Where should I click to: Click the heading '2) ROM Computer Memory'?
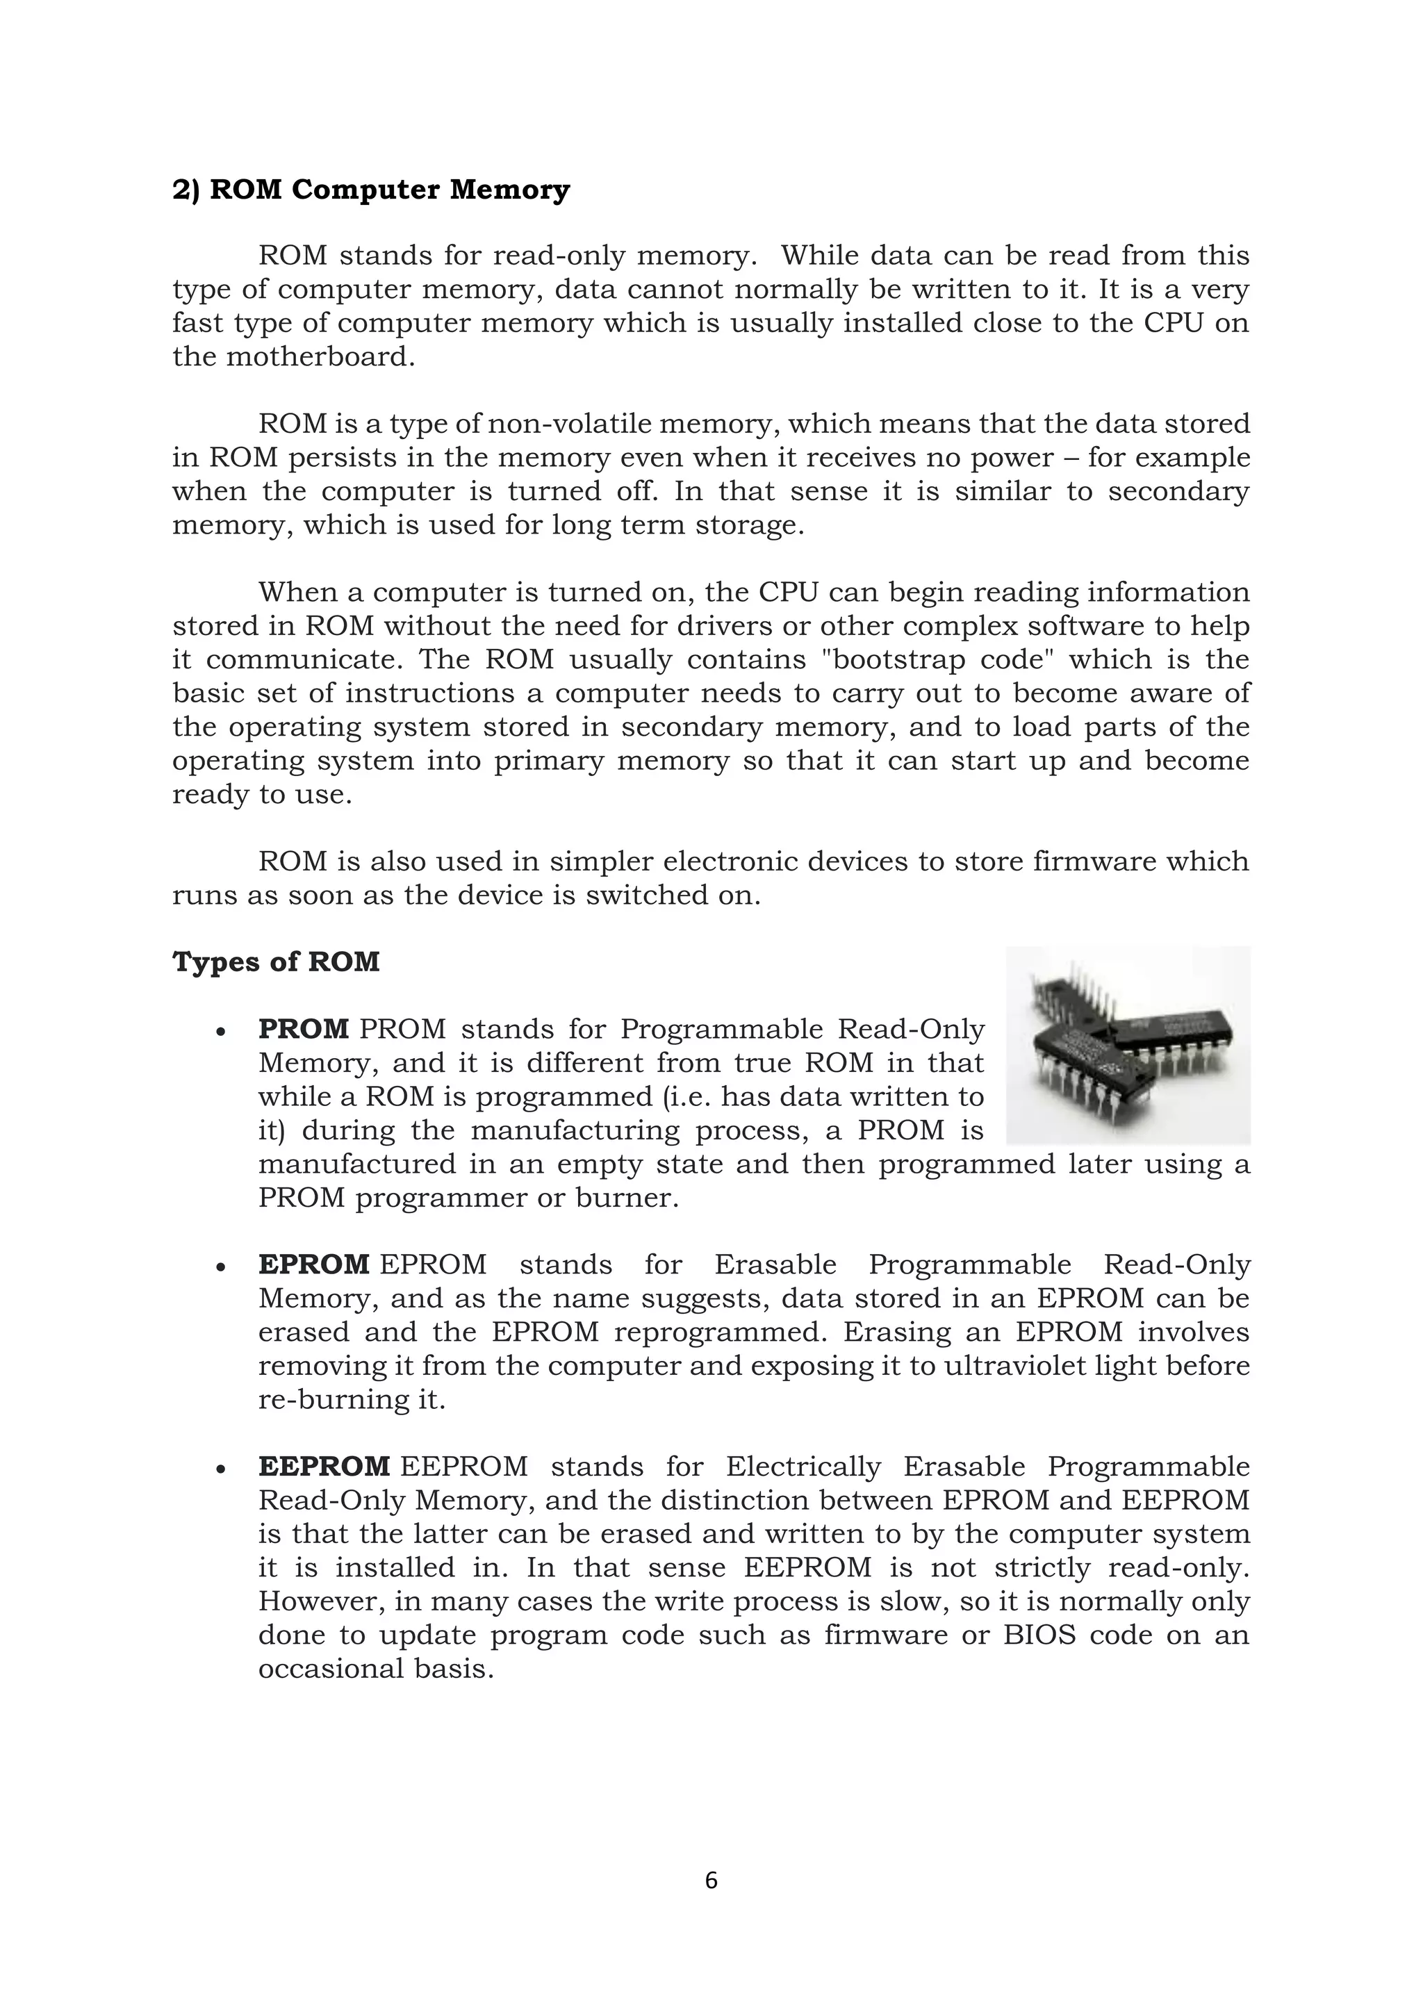pyautogui.click(x=370, y=190)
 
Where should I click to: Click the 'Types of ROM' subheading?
pyautogui.click(x=276, y=962)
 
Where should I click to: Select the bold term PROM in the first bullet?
pyautogui.click(x=303, y=1029)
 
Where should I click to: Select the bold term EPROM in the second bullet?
pyautogui.click(x=313, y=1264)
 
